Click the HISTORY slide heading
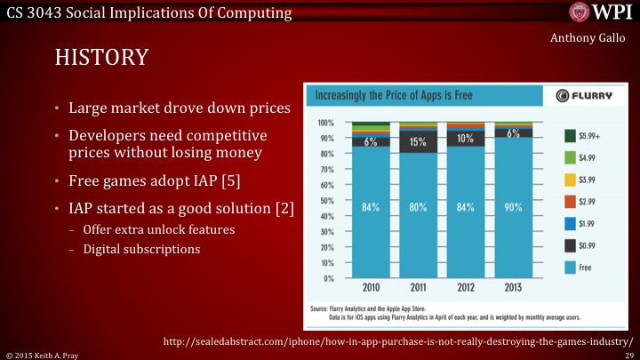(x=101, y=58)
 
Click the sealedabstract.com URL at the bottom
(x=398, y=341)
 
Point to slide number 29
(x=628, y=355)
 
